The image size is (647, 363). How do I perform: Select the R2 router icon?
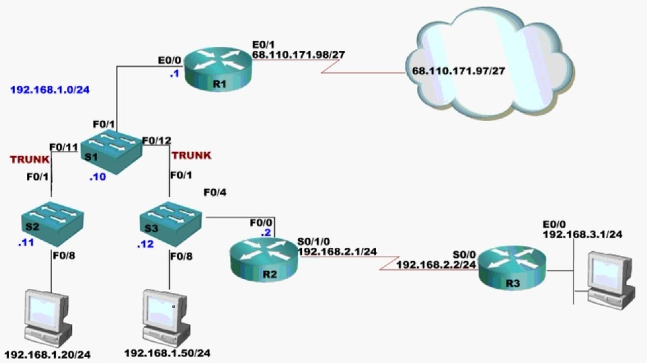pyautogui.click(x=262, y=259)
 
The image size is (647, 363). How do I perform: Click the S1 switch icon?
pyautogui.click(x=111, y=152)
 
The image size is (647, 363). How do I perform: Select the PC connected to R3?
pyautogui.click(x=611, y=279)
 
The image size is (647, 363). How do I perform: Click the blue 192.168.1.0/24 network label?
pyautogui.click(x=50, y=89)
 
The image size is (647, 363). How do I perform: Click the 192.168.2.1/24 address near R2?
pyautogui.click(x=337, y=251)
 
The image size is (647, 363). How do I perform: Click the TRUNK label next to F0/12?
pyautogui.click(x=191, y=156)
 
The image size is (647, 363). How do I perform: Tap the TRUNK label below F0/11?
pyautogui.click(x=29, y=160)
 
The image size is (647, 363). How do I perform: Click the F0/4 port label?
pyautogui.click(x=215, y=193)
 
